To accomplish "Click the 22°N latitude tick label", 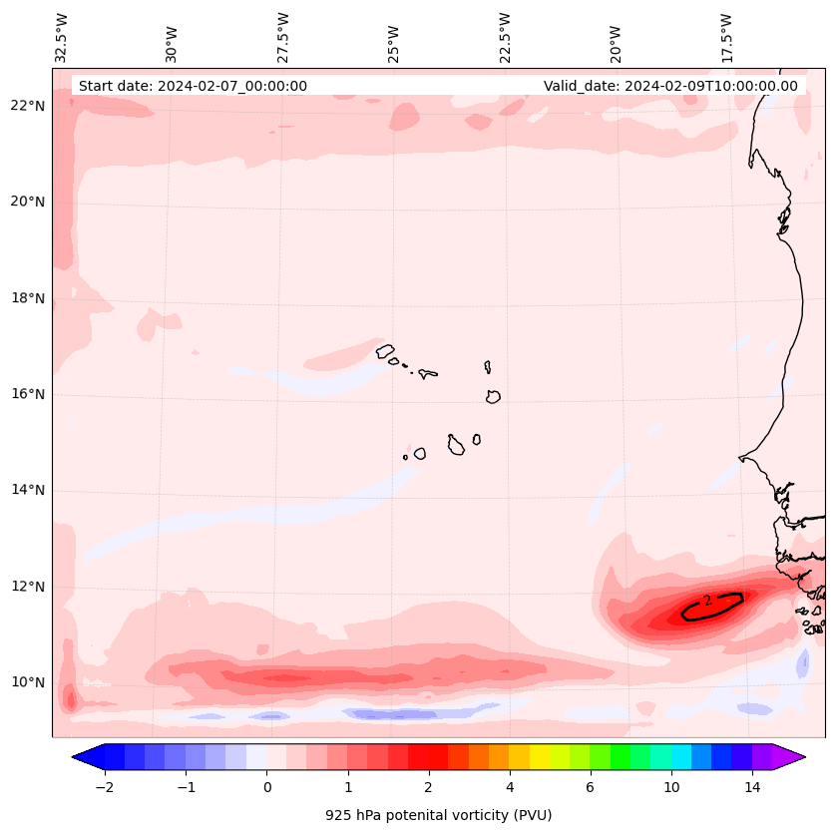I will point(26,106).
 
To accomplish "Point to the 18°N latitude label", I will point(26,298).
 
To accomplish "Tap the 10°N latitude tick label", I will point(26,683).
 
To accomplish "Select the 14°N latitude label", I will point(26,491).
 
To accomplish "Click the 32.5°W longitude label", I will point(62,37).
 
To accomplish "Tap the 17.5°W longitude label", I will point(727,37).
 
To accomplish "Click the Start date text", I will point(193,86).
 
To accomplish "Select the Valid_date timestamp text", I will point(670,86).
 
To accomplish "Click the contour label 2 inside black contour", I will point(707,601).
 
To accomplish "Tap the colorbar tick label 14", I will point(752,787).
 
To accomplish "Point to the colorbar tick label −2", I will point(104,787).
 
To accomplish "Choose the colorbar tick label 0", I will point(266,787).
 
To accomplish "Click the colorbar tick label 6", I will point(590,787).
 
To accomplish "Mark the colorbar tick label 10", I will point(671,787).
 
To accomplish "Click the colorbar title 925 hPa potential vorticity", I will point(438,815).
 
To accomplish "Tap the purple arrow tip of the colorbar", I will point(793,757).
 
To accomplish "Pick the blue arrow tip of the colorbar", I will point(85,757).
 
